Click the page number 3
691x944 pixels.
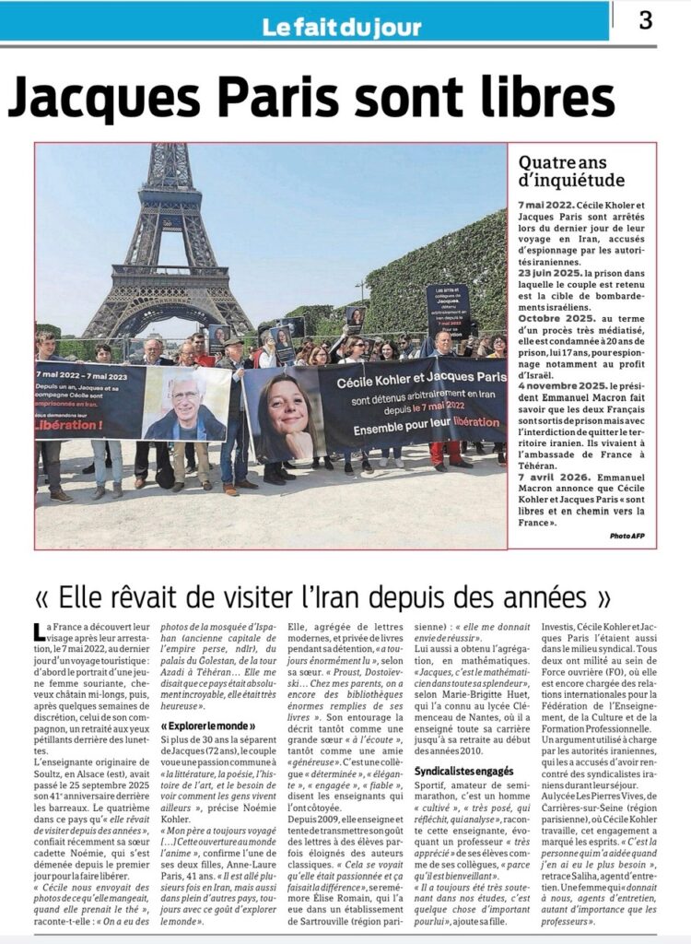pyautogui.click(x=645, y=20)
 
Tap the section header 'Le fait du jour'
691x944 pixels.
pyautogui.click(x=342, y=27)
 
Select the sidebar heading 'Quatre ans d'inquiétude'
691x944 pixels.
pyautogui.click(x=571, y=171)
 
